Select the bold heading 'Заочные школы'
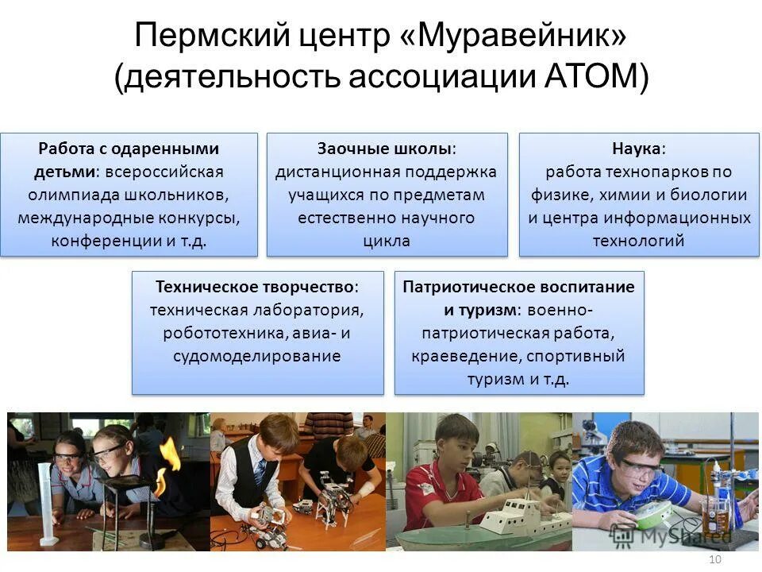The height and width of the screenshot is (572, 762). [385, 149]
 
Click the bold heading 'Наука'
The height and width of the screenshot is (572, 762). [637, 149]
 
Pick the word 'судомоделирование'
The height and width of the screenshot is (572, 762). [257, 356]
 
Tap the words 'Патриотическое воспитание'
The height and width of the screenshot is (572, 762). [518, 287]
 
